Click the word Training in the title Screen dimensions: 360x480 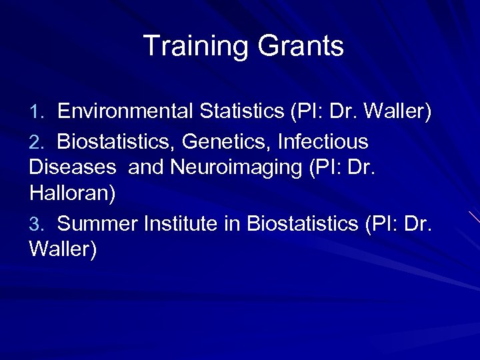tap(193, 47)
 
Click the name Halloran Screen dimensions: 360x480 tap(72, 193)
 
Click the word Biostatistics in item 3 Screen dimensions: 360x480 tap(303, 225)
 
